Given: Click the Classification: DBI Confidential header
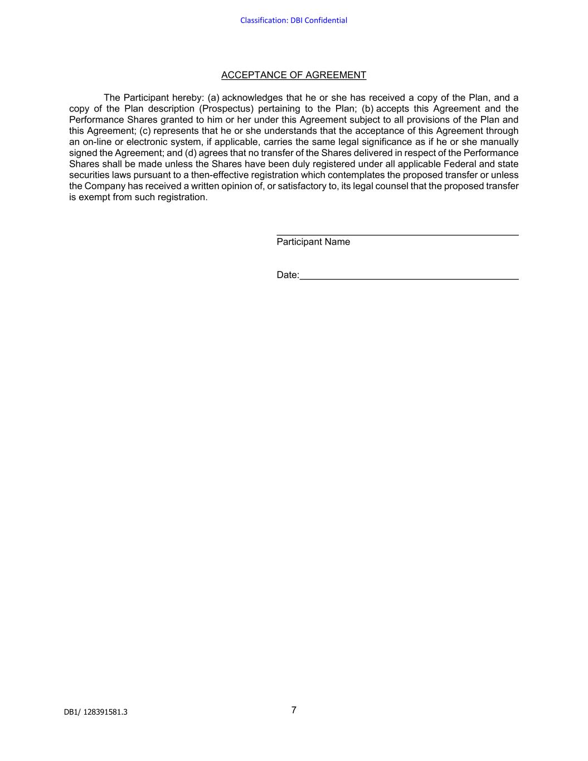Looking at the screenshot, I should pos(294,21).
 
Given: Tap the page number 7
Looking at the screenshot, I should pos(294,710).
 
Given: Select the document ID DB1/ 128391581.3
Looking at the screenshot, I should pos(95,712).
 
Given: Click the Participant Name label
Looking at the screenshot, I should pos(313,241).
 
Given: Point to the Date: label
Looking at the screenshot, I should pos(288,275).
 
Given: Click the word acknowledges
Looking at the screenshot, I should pos(252,98).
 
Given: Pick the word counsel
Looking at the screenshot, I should pos(391,186).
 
